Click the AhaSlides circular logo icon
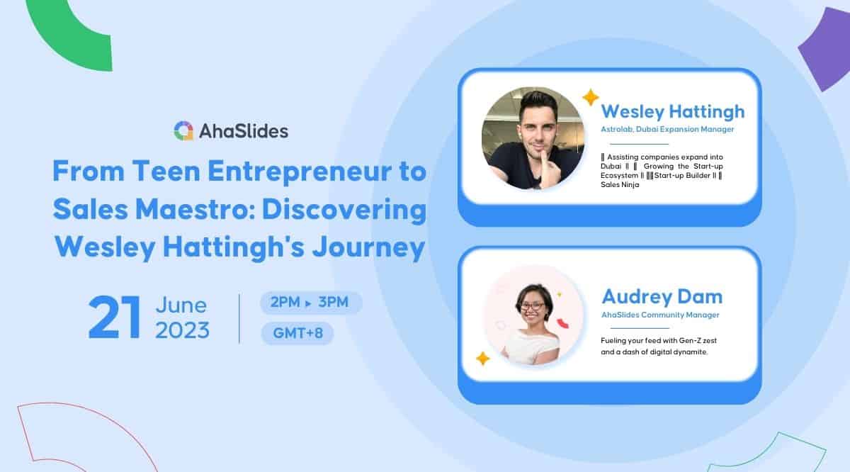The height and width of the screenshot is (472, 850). point(183,131)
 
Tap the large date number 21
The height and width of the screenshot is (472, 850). point(113,318)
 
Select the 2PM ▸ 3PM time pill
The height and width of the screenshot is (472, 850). point(311,303)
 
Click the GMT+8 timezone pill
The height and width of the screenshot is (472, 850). point(297,333)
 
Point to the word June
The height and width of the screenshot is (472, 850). point(181,305)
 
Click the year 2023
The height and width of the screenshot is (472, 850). point(182,330)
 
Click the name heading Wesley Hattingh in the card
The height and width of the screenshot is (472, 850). point(672,112)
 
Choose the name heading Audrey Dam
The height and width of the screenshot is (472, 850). point(662,296)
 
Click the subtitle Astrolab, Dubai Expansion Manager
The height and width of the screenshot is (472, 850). point(667,129)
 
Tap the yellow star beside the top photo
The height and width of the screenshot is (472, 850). point(590,97)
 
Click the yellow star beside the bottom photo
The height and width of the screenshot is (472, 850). point(482,359)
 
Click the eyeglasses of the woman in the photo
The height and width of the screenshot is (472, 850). point(533,306)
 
